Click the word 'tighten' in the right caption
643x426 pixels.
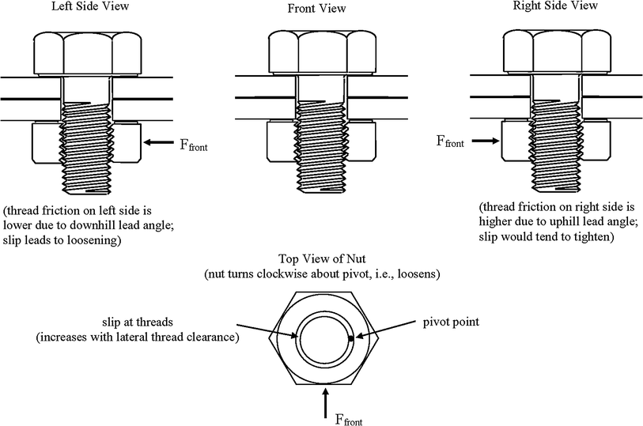click(x=585, y=237)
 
